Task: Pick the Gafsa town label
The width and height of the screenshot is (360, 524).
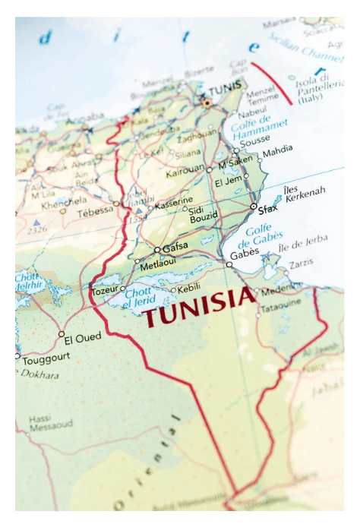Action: click(x=175, y=245)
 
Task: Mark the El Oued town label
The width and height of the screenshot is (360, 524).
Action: click(x=81, y=338)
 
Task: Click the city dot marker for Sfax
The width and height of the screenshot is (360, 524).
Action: click(x=253, y=206)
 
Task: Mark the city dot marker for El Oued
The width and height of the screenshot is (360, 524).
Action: click(x=62, y=333)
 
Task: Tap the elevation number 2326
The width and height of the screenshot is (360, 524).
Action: click(x=36, y=229)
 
